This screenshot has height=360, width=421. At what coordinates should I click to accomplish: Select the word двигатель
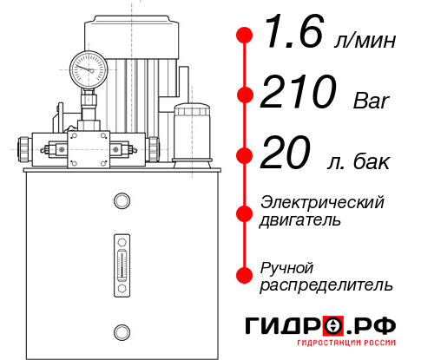tap(300, 220)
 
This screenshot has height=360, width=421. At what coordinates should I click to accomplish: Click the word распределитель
tap(326, 285)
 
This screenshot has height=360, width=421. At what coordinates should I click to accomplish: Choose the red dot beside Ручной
tap(245, 275)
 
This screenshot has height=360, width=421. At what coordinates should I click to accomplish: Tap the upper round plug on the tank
tap(121, 201)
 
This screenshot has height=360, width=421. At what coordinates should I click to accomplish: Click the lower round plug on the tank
tap(121, 330)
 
